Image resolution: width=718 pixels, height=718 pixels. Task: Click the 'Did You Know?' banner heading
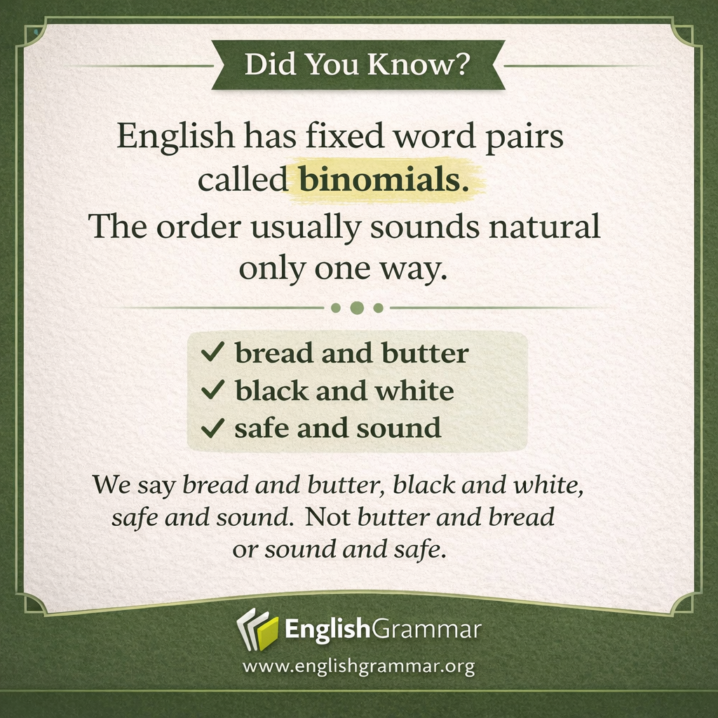click(x=358, y=65)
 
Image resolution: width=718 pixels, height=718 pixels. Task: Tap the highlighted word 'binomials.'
click(x=383, y=180)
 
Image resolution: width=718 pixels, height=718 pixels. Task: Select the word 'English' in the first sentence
click(x=175, y=136)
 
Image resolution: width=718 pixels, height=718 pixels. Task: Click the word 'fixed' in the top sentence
click(x=341, y=136)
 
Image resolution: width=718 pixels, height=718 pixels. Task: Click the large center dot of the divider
click(x=357, y=308)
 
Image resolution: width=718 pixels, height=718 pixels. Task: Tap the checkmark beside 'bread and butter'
click(x=212, y=353)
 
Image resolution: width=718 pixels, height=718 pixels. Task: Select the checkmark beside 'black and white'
click(x=212, y=391)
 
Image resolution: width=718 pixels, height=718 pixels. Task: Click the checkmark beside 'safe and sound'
click(x=212, y=428)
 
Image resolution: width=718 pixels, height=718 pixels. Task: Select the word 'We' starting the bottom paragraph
click(x=111, y=485)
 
